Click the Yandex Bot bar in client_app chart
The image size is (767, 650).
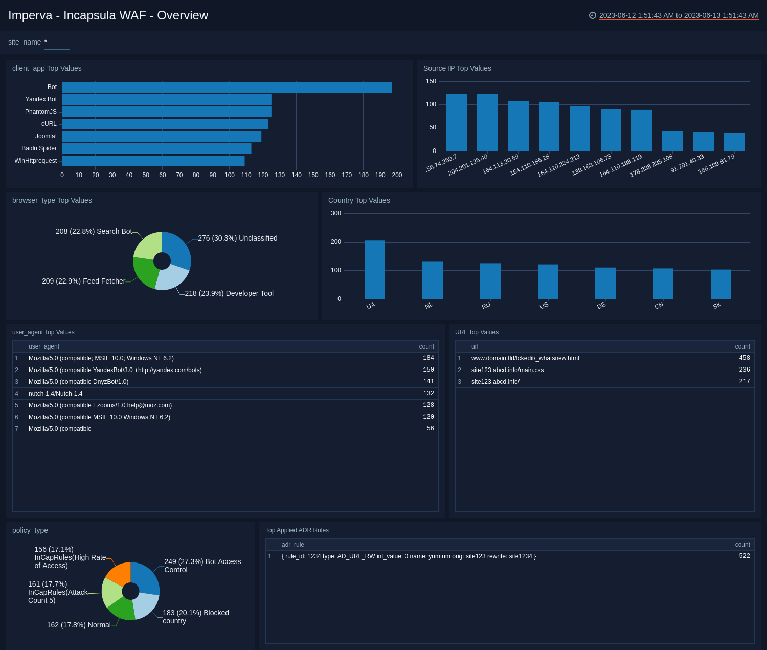(x=166, y=99)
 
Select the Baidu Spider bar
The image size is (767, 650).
(x=156, y=148)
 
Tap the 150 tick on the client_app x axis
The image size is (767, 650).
(x=313, y=175)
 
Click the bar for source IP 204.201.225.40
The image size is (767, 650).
(x=487, y=123)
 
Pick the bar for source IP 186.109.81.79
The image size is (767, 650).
(x=734, y=142)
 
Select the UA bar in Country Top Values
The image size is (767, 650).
(x=374, y=270)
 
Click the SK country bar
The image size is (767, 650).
(x=720, y=284)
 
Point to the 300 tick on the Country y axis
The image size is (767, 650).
(x=336, y=213)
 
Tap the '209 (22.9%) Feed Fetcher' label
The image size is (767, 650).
(x=83, y=281)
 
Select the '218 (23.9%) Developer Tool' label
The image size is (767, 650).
(x=229, y=293)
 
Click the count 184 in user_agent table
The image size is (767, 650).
(x=428, y=358)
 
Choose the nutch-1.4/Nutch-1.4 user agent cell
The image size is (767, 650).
(x=55, y=394)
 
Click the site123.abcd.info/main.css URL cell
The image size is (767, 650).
(x=507, y=370)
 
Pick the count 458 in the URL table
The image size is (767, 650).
(x=744, y=358)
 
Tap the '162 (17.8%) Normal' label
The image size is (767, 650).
(x=79, y=625)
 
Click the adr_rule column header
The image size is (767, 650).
(x=293, y=545)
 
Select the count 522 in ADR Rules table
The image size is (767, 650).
(x=744, y=556)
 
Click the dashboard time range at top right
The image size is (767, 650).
(x=679, y=15)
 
